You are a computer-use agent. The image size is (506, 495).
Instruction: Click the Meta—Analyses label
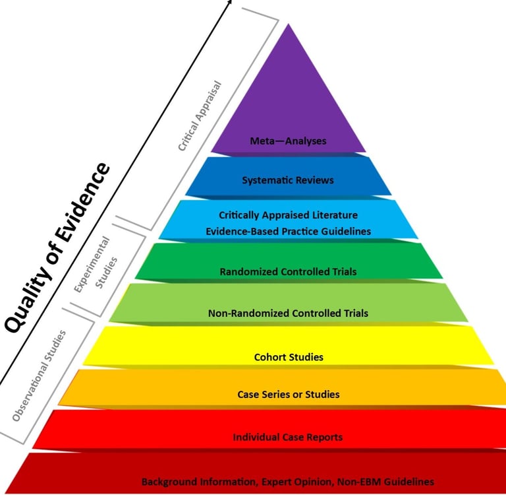coord(288,141)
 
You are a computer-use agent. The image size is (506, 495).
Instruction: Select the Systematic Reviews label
coord(288,180)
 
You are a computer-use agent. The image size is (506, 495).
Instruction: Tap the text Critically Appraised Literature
coord(288,215)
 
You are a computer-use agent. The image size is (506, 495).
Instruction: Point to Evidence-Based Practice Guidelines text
coord(288,231)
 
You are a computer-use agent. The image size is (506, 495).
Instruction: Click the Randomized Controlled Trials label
coord(288,271)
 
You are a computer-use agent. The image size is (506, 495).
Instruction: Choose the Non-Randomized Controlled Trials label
coord(288,313)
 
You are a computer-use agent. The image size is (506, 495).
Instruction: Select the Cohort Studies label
coord(288,358)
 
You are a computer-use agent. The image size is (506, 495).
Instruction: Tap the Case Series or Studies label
coord(288,395)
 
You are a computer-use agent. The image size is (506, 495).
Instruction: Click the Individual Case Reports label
coord(288,437)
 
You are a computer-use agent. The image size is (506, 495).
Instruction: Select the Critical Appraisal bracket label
coord(200,116)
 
